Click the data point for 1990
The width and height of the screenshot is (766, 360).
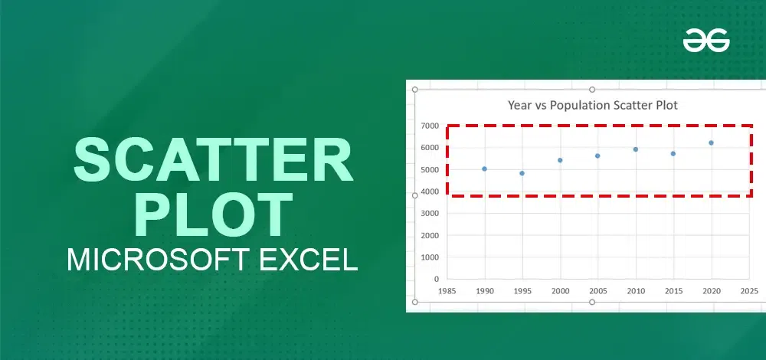[484, 169]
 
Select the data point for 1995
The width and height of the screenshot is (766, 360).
[522, 173]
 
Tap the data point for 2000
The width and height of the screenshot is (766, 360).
[561, 160]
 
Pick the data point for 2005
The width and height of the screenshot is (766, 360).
[597, 155]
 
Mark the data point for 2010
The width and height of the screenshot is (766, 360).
[636, 149]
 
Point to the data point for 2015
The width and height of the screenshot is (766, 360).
[673, 154]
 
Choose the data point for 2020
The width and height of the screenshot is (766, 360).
[712, 143]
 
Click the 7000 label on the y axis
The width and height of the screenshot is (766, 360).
[430, 126]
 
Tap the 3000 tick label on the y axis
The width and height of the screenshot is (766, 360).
[430, 214]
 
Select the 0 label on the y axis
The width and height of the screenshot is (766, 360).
[437, 280]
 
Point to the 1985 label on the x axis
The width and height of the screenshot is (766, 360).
[447, 291]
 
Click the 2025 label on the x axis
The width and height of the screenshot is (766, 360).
[749, 291]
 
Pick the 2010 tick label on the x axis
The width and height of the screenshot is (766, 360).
[636, 291]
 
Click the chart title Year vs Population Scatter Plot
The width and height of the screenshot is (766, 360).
[593, 105]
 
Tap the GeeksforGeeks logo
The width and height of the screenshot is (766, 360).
[706, 40]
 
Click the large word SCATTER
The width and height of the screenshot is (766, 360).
[213, 160]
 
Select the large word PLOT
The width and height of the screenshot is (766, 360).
[213, 215]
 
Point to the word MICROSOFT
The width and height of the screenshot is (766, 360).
[159, 260]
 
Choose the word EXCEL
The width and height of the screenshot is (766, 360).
[308, 260]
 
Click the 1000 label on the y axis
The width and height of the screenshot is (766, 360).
[430, 257]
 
